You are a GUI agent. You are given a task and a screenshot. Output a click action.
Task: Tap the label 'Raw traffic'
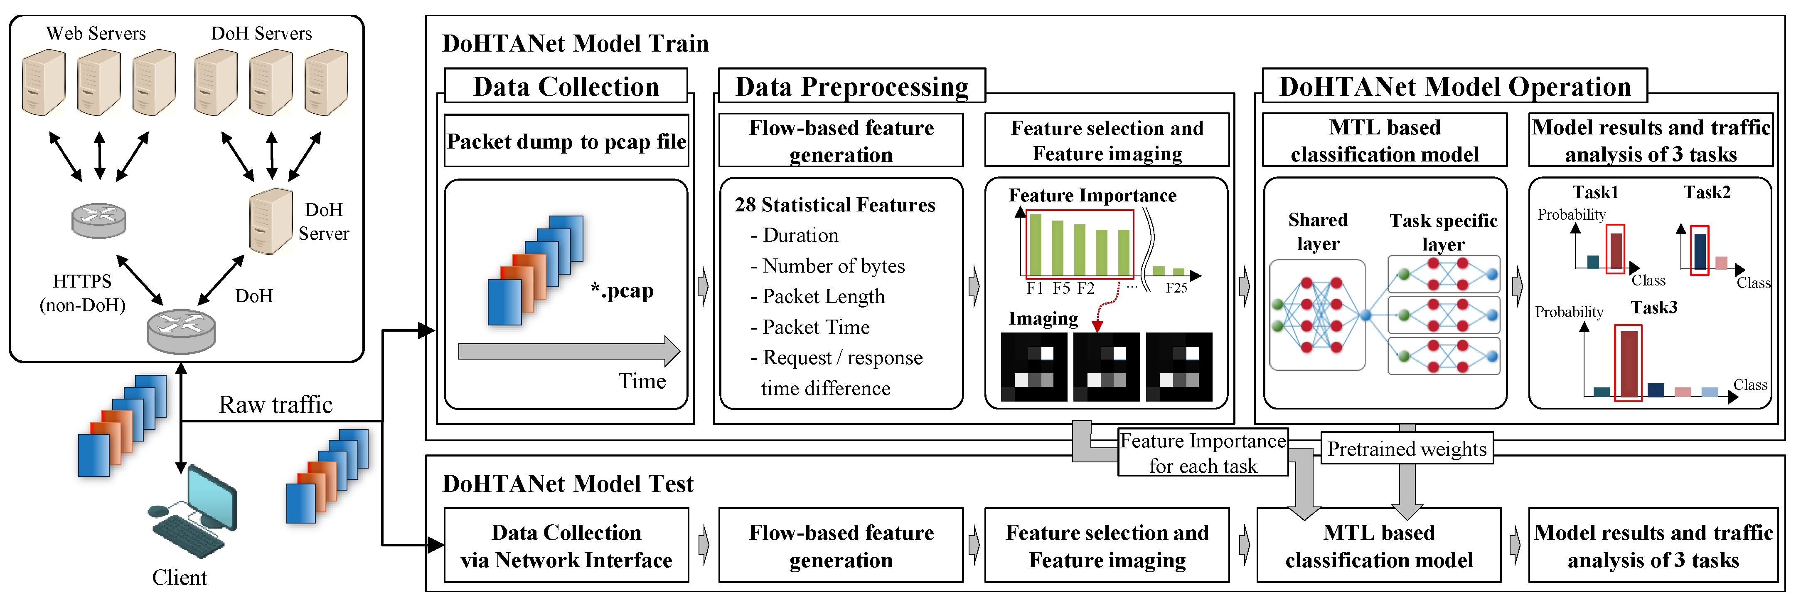276,405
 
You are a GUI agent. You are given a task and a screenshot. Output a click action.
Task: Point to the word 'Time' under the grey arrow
642,381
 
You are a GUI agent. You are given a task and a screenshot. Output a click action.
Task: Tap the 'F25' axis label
1176,288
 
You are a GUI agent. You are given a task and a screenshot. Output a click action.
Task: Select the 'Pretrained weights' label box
1407,449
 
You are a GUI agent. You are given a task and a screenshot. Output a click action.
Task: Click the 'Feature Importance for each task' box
1203,453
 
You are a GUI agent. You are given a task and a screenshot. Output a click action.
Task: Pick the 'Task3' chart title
1654,308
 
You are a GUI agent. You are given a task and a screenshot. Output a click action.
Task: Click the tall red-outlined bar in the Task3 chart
1629,364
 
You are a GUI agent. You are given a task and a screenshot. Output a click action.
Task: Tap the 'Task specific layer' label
1443,232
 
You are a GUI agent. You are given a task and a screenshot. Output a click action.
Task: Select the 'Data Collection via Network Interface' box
566,546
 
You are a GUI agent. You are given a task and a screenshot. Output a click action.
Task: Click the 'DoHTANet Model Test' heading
568,484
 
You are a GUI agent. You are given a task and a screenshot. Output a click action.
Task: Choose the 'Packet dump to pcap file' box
566,141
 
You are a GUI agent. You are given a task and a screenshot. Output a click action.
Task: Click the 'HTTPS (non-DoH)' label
82,293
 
